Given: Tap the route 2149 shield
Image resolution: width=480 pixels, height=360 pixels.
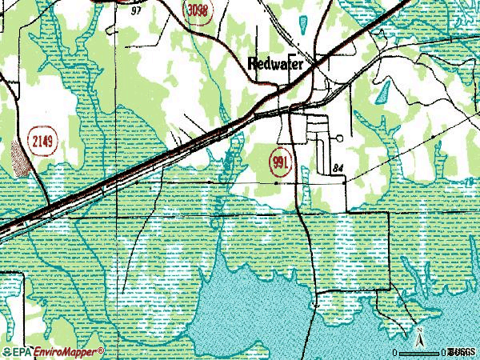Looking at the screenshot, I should [43, 142].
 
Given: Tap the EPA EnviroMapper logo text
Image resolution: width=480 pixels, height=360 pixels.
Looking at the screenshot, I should [53, 351].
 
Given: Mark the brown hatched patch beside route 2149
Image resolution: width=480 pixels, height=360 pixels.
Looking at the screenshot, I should [22, 156].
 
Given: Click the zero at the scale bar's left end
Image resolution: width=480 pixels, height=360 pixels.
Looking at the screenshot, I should [394, 352].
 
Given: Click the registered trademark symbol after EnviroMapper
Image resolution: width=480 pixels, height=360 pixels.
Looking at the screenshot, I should [102, 350].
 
